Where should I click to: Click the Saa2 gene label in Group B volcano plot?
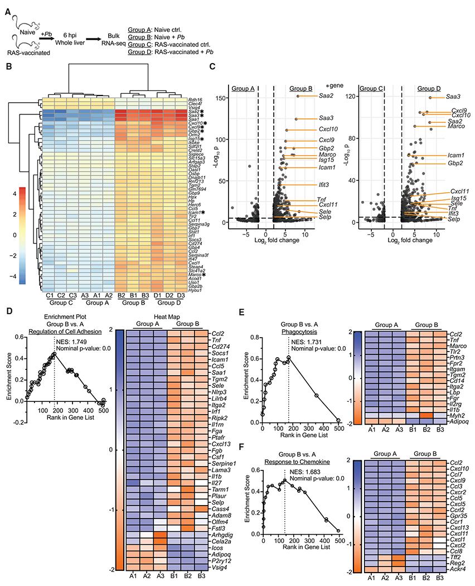click(328, 96)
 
